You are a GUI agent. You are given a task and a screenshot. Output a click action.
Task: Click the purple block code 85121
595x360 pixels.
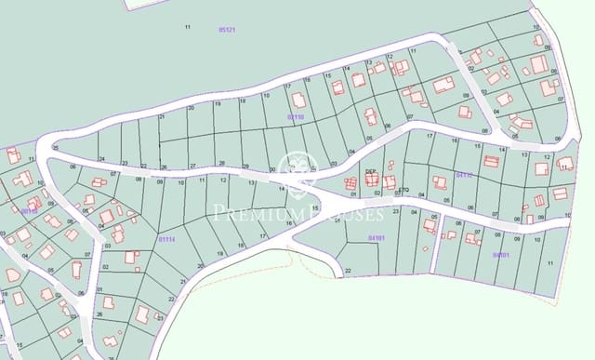click(x=227, y=30)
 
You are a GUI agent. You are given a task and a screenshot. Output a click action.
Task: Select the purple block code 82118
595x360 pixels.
click(x=296, y=117)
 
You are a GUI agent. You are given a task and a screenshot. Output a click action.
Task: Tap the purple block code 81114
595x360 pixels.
click(x=166, y=239)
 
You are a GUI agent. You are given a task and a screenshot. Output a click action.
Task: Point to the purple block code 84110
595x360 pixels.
click(x=465, y=174)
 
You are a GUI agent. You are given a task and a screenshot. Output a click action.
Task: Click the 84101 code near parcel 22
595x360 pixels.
click(x=376, y=238)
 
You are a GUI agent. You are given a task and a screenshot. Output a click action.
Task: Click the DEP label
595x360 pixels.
click(x=370, y=171)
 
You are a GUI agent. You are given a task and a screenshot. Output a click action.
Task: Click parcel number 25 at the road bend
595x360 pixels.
click(x=56, y=148)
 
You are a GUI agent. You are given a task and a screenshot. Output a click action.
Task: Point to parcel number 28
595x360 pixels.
click(x=221, y=164)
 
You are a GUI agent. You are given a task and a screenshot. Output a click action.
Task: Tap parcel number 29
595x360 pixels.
click(x=245, y=166)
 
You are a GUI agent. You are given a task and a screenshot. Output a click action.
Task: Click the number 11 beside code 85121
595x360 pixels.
click(x=187, y=28)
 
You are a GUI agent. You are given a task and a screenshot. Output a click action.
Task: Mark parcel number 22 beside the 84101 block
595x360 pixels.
click(x=348, y=271)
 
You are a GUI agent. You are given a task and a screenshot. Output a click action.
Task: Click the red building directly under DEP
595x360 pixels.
click(x=371, y=180)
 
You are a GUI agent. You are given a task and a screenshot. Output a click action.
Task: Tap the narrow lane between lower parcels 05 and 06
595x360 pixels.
click(x=441, y=229)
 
